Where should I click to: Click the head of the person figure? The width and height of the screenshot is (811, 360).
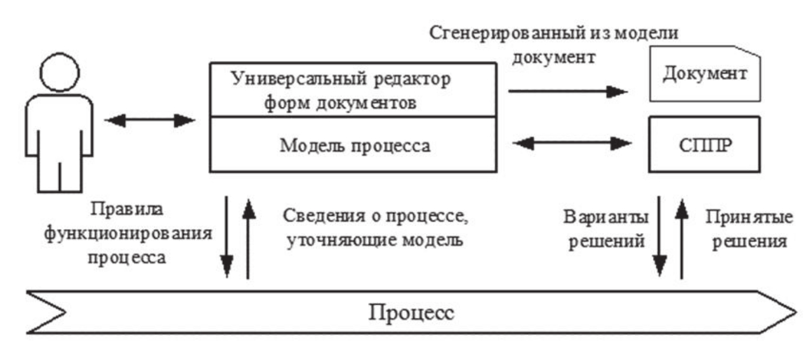pyautogui.click(x=59, y=72)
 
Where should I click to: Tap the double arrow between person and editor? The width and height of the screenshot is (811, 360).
pyautogui.click(x=149, y=120)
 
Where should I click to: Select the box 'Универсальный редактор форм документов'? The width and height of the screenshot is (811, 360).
pyautogui.click(x=352, y=90)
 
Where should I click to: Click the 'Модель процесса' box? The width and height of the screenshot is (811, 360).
pyautogui.click(x=352, y=145)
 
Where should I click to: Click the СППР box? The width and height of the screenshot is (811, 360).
pyautogui.click(x=703, y=144)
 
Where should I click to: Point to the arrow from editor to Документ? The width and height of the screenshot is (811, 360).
pyautogui.click(x=568, y=91)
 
